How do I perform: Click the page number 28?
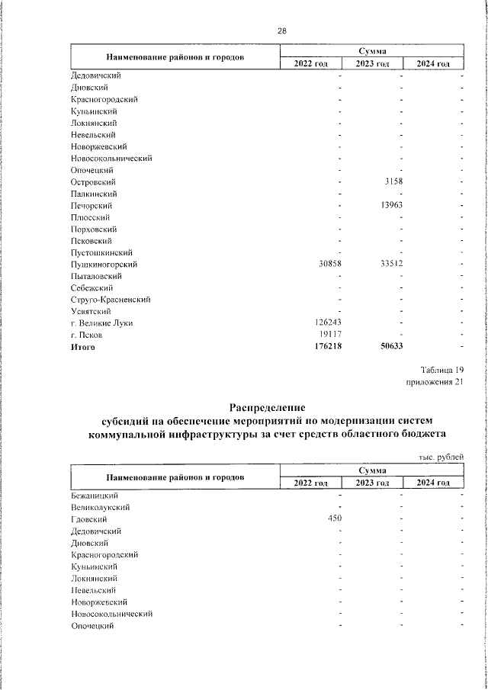click(x=281, y=31)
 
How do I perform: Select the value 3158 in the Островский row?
click(x=391, y=182)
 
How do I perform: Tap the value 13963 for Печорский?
click(x=390, y=206)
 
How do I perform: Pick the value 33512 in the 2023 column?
click(x=390, y=264)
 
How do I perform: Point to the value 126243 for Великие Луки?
click(x=328, y=323)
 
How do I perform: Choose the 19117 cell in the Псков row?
click(x=330, y=335)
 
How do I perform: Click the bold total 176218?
click(x=328, y=347)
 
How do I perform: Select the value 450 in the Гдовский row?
click(x=335, y=518)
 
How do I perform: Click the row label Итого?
click(x=82, y=347)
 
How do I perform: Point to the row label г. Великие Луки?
click(x=101, y=323)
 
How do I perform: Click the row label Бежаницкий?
click(x=95, y=495)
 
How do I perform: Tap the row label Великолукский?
click(x=99, y=506)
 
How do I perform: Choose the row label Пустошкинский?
click(x=102, y=252)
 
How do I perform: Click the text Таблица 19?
click(x=441, y=370)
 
